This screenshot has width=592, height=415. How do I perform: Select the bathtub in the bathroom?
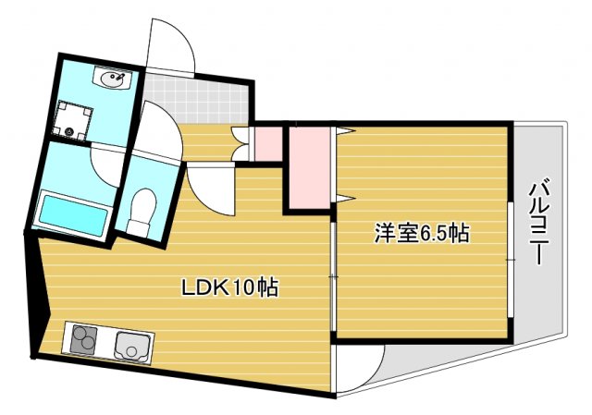[71, 213]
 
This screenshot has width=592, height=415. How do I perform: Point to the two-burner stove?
[82, 340]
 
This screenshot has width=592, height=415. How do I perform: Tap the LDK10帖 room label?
[228, 287]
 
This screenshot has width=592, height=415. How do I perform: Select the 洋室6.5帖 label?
[421, 233]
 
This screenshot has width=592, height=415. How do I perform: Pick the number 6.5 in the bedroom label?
[435, 233]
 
